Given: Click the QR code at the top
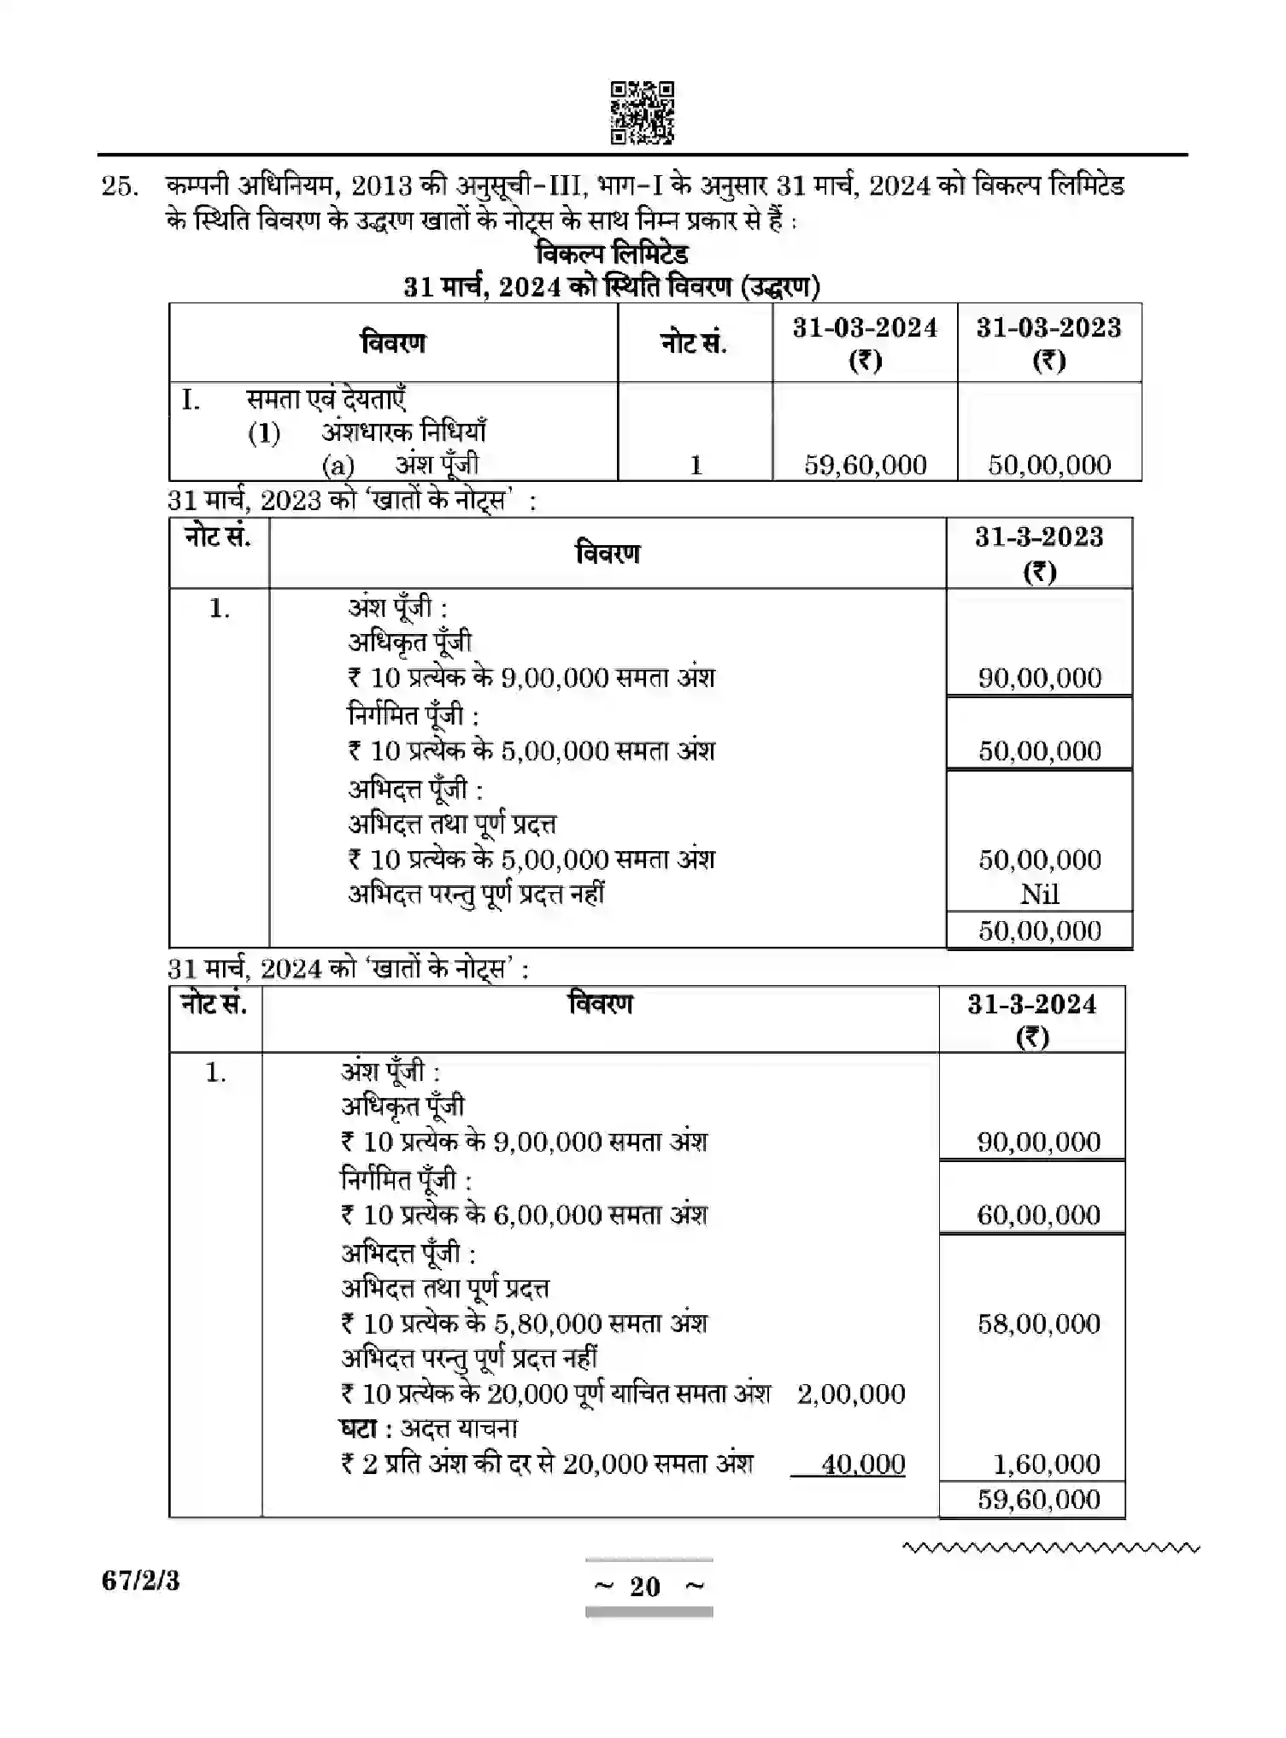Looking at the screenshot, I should tap(642, 113).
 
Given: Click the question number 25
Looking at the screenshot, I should tap(119, 186).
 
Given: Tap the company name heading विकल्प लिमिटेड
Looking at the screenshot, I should tap(612, 254).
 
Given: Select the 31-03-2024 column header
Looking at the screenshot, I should tap(865, 342).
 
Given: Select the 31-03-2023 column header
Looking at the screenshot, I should tap(1048, 342).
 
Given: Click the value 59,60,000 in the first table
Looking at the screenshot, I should tap(865, 465).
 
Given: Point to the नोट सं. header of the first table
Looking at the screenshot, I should tap(693, 343).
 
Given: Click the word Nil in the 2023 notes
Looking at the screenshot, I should tap(1039, 895).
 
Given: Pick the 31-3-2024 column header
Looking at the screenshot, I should tap(1031, 1019).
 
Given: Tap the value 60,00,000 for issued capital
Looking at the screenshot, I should tap(1038, 1214).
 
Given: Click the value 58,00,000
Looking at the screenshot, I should tap(1038, 1324).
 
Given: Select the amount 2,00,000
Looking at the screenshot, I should tap(850, 1395).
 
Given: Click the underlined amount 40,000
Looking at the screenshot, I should tap(862, 1465).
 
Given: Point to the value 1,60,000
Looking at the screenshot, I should tap(1046, 1465).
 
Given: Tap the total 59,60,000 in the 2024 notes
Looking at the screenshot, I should tap(1038, 1500).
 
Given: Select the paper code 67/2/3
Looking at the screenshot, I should tap(141, 1581).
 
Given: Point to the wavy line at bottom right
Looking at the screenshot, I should tap(1050, 1547).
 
